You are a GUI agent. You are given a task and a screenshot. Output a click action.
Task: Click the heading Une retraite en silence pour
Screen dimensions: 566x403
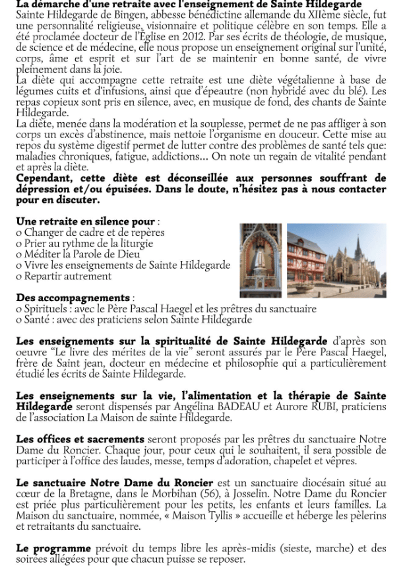(x=86, y=221)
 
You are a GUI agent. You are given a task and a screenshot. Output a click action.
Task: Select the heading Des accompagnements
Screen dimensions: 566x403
(x=73, y=298)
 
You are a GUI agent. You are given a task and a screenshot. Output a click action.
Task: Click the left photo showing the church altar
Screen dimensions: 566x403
(x=261, y=260)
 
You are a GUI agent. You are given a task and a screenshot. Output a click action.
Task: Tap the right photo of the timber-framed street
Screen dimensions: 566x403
(x=336, y=260)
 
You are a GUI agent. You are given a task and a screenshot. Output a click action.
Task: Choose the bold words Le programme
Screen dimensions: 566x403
(x=53, y=548)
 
